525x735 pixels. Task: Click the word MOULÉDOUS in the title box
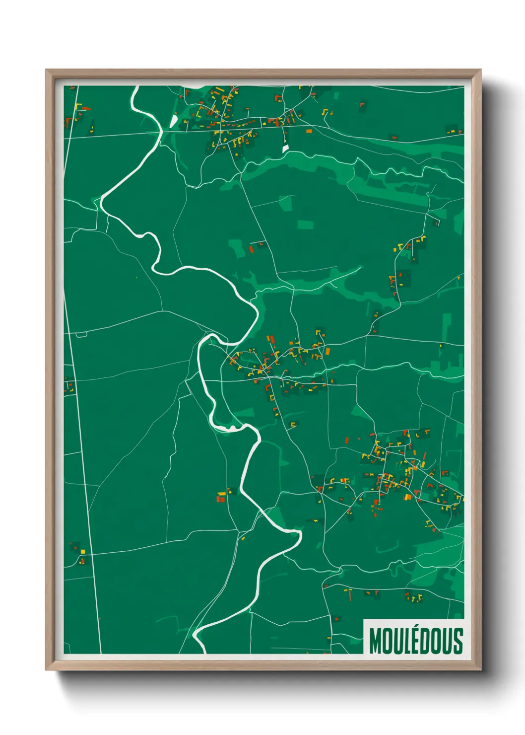[x=416, y=641]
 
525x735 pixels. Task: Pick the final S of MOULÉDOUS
[x=458, y=641]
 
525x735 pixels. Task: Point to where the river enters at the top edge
[x=135, y=88]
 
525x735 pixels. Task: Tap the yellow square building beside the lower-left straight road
[x=82, y=551]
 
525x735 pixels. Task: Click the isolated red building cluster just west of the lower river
[x=221, y=497]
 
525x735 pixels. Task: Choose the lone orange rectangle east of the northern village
[x=309, y=131]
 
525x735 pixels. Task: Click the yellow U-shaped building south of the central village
[x=293, y=424]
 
